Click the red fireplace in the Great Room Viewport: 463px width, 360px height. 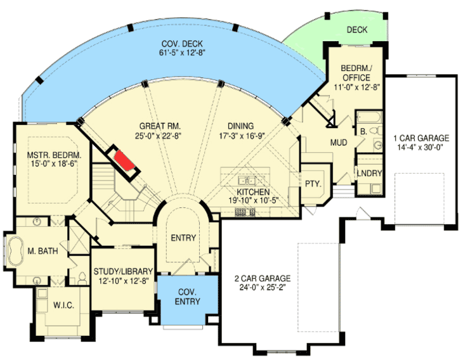124,162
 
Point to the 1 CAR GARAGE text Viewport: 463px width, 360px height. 421,138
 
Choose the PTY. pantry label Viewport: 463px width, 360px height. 313,184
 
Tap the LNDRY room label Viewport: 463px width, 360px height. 368,172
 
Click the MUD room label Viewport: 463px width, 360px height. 338,143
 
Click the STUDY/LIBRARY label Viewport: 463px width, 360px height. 124,272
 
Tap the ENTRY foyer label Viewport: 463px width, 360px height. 183,238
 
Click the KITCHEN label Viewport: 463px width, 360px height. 254,192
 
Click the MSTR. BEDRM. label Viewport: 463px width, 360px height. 54,155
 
